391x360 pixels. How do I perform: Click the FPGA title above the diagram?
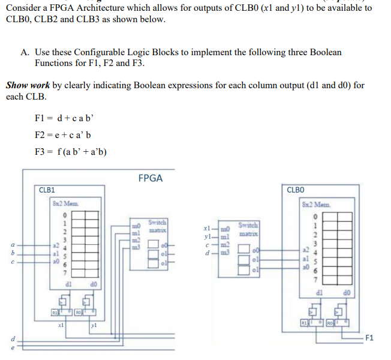pyautogui.click(x=151, y=178)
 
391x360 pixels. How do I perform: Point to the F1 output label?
pyautogui.click(x=370, y=338)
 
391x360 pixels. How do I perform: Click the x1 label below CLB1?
pyautogui.click(x=59, y=323)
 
